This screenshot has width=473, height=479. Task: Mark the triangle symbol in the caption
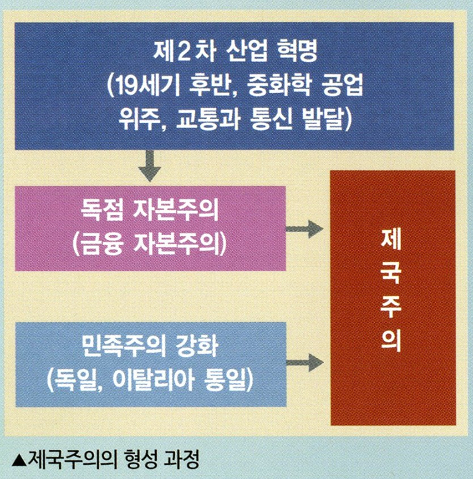coord(21,458)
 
